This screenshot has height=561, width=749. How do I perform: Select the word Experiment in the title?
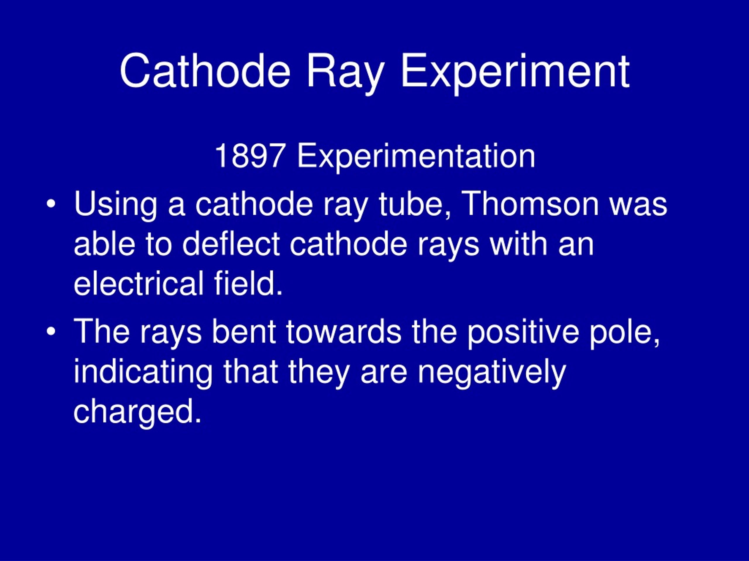pyautogui.click(x=515, y=73)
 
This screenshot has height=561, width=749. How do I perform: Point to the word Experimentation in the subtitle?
pyautogui.click(x=416, y=156)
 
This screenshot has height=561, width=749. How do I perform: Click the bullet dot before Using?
pyautogui.click(x=51, y=204)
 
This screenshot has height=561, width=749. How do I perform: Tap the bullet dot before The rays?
pyautogui.click(x=51, y=332)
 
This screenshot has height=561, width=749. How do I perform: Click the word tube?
pyautogui.click(x=415, y=204)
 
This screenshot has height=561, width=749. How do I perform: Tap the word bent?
pyautogui.click(x=243, y=332)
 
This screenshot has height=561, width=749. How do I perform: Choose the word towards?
pyautogui.click(x=344, y=332)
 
